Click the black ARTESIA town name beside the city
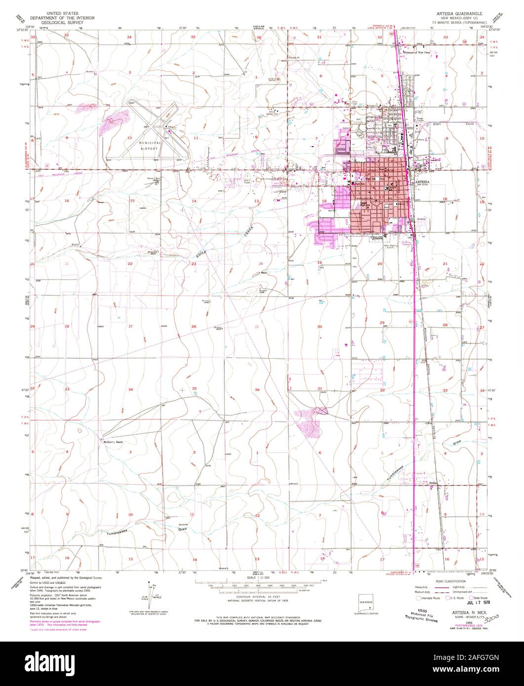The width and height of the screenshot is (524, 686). pos(423,182)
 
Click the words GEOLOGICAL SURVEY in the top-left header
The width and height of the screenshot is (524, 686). pos(62,22)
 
